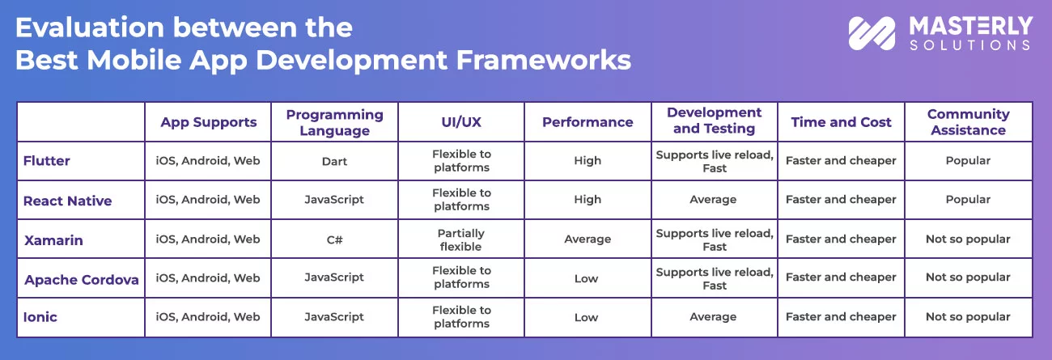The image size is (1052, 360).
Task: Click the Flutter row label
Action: [x=46, y=160]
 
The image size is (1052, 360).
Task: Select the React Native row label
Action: [x=68, y=201]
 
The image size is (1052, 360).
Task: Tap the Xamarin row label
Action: [x=53, y=240]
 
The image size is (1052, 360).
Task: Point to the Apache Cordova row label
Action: [x=81, y=280]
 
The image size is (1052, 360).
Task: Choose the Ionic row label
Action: [x=40, y=317]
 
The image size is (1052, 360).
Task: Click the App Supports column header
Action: [x=209, y=122]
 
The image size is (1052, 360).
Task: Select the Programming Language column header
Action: [x=335, y=122]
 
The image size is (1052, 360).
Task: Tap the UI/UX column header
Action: [x=461, y=122]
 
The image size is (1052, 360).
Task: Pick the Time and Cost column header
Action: [x=841, y=122]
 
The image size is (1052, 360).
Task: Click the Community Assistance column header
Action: [x=969, y=122]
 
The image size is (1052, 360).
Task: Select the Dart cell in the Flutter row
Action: [x=334, y=162]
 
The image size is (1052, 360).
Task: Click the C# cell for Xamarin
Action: [x=335, y=239]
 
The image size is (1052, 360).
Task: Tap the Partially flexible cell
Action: [x=460, y=239]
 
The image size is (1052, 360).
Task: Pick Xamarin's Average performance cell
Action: [x=588, y=239]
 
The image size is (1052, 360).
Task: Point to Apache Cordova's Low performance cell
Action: [x=586, y=278]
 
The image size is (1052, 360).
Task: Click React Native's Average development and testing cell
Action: [x=713, y=200]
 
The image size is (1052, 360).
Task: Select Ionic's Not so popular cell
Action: [x=968, y=317]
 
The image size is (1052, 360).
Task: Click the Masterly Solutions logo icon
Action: [x=872, y=33]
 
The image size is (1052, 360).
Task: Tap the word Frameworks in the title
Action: [x=544, y=60]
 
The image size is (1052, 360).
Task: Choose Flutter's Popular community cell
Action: [x=968, y=160]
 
